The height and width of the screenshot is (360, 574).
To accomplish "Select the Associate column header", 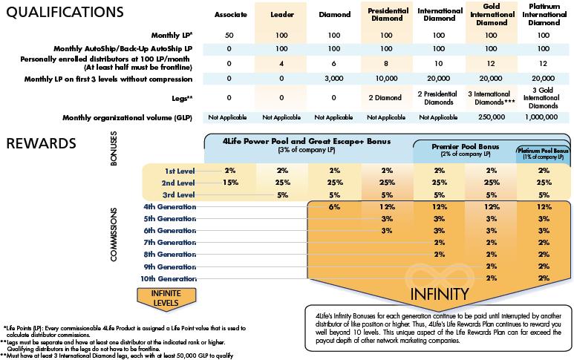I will coord(229,14).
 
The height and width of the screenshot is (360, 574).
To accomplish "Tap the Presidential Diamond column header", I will coord(382,14).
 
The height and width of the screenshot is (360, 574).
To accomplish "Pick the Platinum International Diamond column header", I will coord(542,14).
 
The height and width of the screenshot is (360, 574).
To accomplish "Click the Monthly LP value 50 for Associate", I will coord(229,35).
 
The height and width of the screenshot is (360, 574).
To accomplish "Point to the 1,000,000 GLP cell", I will coord(542,117).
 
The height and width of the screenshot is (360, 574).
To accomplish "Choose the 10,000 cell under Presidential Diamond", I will coord(382,78).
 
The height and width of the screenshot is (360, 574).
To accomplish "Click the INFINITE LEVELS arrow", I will coord(166,295).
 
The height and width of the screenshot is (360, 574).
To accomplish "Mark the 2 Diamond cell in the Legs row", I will coord(382,97).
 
